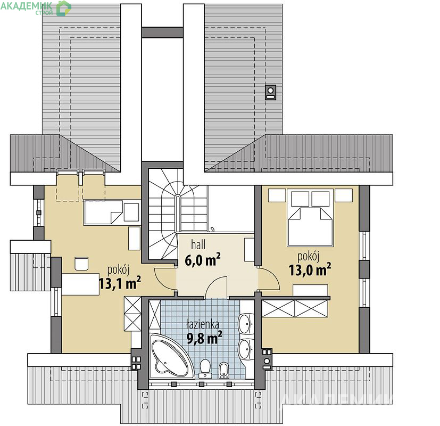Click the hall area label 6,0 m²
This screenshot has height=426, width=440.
click(x=203, y=260)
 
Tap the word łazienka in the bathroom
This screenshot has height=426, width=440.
click(x=203, y=324)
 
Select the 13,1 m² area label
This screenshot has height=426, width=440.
click(x=120, y=283)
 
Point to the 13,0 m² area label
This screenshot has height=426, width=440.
click(x=310, y=269)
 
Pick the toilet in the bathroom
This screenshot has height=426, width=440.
click(x=205, y=368)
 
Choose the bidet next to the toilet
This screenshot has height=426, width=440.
click(x=223, y=370)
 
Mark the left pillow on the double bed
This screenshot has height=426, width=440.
click(x=300, y=199)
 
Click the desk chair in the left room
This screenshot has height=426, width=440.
click(x=81, y=264)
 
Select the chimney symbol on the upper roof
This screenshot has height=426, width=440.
click(x=270, y=93)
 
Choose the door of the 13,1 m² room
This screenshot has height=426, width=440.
click(x=165, y=278)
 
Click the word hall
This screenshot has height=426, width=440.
click(x=198, y=244)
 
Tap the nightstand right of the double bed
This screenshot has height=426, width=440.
click(x=344, y=195)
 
